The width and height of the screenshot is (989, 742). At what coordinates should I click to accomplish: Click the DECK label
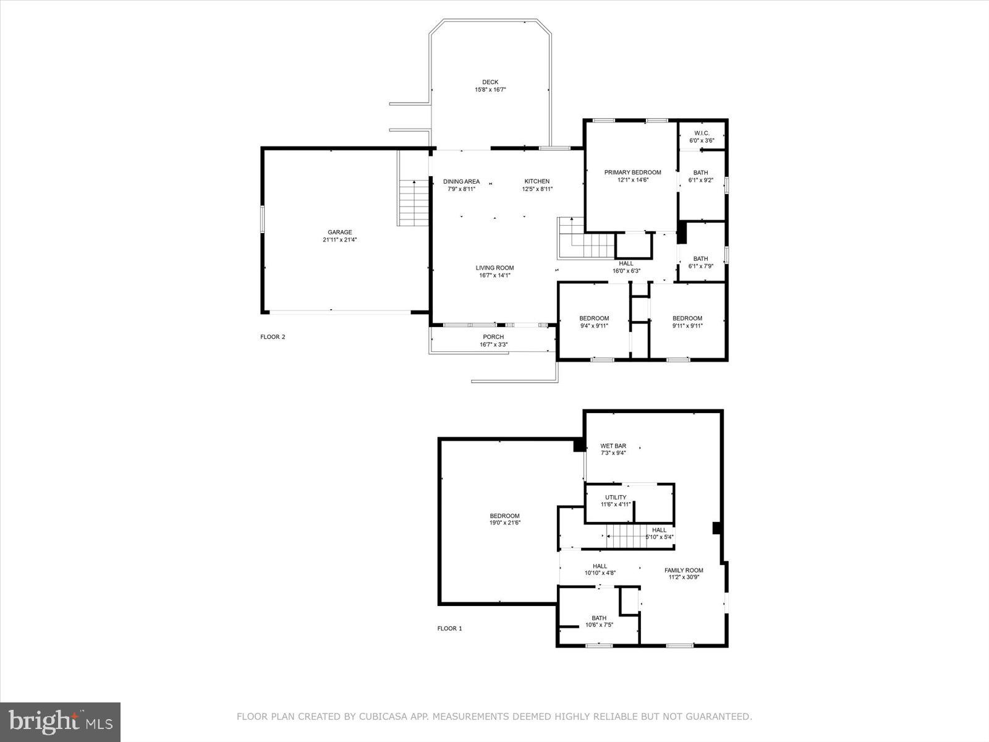tap(490, 82)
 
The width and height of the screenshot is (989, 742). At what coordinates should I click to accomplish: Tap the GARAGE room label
tap(339, 232)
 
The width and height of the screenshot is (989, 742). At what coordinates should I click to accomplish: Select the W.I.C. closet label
tap(702, 134)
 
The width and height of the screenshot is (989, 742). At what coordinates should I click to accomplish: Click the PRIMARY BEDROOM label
tap(632, 173)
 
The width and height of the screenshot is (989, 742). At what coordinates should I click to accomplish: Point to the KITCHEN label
tap(537, 181)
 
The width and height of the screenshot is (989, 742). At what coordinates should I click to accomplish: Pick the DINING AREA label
tap(461, 181)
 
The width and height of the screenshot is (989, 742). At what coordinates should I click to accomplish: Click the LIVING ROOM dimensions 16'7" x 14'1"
tap(494, 276)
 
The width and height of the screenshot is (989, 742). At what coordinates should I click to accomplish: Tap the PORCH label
tap(493, 337)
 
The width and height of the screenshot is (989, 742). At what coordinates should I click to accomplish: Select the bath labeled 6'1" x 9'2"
tap(701, 176)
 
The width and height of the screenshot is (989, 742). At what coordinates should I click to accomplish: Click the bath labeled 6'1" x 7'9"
tap(701, 262)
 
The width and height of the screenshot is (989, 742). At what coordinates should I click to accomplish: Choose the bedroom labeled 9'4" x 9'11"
tap(594, 322)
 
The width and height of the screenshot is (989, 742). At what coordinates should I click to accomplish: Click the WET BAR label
tap(613, 446)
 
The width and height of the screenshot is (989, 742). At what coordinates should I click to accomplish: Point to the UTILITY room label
tap(616, 497)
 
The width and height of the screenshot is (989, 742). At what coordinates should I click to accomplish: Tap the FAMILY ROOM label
tap(684, 570)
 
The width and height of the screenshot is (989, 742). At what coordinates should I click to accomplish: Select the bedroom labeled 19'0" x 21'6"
tap(504, 519)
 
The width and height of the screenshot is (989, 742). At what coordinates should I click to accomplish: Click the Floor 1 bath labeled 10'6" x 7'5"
tap(599, 621)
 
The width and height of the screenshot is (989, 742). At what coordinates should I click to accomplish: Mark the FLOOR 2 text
tap(273, 337)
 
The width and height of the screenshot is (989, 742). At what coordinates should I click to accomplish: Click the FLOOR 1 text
tap(449, 628)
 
